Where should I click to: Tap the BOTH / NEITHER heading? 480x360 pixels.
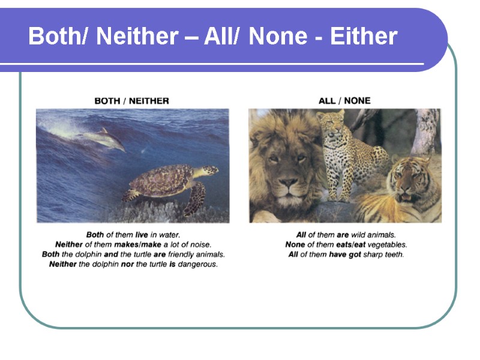pos(132,101)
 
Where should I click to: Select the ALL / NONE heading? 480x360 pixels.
pos(344,101)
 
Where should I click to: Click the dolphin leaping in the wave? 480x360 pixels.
pos(105,138)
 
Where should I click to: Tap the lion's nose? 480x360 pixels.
pos(288,183)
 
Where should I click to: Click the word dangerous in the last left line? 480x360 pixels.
pos(197,264)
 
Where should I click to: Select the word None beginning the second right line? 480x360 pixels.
pos(295,245)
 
